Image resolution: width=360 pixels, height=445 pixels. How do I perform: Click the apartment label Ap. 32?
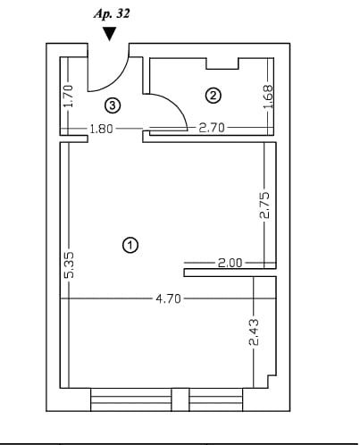[112, 14]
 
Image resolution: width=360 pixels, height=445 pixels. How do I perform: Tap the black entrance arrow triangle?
[110, 34]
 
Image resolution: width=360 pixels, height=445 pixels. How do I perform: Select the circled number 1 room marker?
[130, 245]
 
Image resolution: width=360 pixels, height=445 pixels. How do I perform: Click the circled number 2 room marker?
[213, 96]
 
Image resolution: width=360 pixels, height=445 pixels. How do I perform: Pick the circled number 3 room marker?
[113, 105]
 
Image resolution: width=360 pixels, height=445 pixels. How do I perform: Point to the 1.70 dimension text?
[69, 96]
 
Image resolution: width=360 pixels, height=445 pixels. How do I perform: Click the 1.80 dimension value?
[102, 129]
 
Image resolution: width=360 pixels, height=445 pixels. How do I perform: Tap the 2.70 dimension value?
[212, 128]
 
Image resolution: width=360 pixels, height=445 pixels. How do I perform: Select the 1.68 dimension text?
[268, 97]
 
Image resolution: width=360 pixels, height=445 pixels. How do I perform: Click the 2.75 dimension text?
[264, 206]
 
